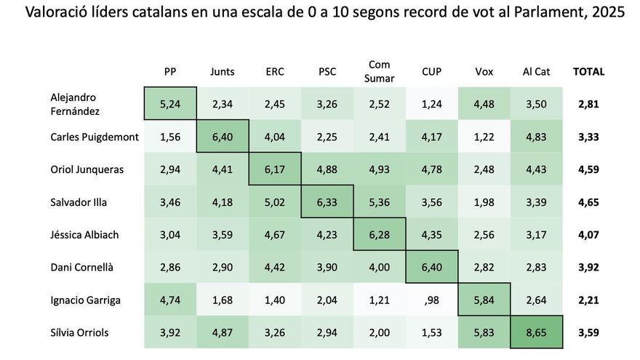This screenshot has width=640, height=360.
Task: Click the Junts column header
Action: [x=223, y=71]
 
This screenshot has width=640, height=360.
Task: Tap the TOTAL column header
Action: [x=588, y=71]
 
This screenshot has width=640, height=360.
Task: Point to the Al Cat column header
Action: [x=536, y=71]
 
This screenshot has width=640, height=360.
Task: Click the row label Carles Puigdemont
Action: [x=95, y=137]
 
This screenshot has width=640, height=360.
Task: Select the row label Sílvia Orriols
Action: [x=79, y=333]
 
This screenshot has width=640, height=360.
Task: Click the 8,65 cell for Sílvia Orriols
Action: [x=536, y=333]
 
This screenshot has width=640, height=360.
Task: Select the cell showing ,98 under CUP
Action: [x=431, y=300]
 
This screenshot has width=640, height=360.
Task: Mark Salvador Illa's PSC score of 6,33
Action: [x=327, y=202]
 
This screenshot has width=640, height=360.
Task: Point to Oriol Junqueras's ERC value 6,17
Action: [x=275, y=169]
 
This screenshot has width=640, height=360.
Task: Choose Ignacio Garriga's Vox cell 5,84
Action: [x=484, y=300]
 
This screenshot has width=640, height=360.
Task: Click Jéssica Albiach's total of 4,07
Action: [x=588, y=235]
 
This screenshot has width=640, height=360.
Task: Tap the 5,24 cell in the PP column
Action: [x=170, y=104]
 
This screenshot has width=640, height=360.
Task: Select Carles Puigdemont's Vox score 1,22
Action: [x=484, y=137]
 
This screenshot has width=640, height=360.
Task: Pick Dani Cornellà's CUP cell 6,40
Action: [x=431, y=268]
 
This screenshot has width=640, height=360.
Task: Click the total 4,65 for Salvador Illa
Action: [x=588, y=202]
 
